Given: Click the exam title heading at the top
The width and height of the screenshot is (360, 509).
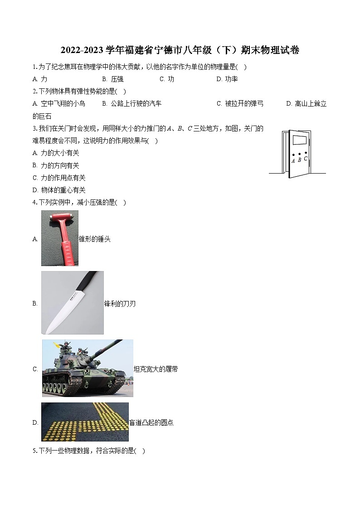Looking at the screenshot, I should click(x=180, y=50).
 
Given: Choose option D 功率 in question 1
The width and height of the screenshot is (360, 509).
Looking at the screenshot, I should click(x=227, y=79).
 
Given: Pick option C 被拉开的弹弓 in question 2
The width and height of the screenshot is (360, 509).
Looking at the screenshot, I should click(x=240, y=103).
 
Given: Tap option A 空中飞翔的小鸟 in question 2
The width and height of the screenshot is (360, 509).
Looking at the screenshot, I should click(x=59, y=103).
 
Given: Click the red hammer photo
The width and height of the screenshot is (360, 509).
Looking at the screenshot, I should click(x=59, y=238).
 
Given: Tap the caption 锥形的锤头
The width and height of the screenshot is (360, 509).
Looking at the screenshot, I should click(x=95, y=239).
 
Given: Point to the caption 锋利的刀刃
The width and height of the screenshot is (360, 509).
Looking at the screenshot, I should click(x=120, y=304).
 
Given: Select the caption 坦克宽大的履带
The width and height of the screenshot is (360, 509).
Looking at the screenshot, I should click(x=156, y=369).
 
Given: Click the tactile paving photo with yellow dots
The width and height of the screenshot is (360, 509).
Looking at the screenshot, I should click(x=85, y=422).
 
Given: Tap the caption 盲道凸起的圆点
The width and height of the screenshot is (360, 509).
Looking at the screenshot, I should click(x=151, y=422).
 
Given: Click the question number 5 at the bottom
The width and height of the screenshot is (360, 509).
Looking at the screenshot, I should click(x=35, y=451).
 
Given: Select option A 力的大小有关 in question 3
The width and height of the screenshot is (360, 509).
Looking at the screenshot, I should click(x=59, y=153).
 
